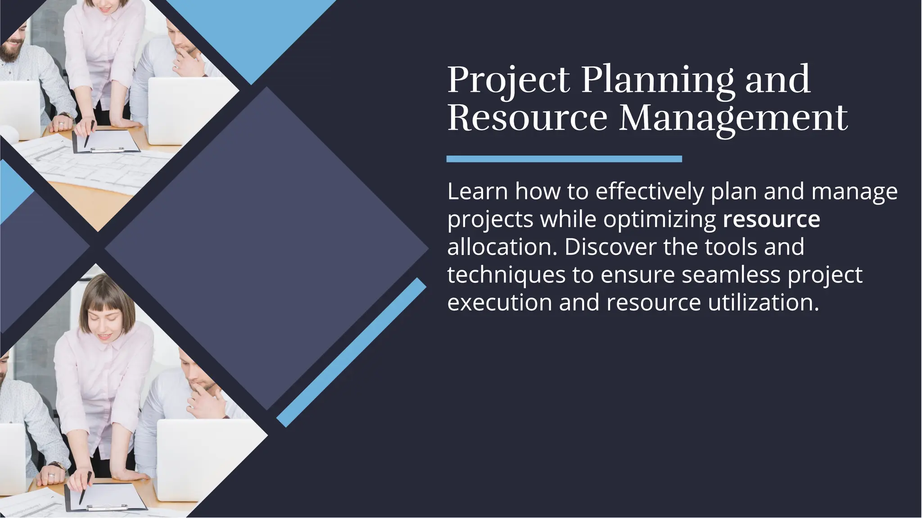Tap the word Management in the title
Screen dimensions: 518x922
[x=733, y=118]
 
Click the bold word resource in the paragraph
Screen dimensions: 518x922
[x=771, y=219]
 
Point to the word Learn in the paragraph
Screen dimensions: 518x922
[x=478, y=192]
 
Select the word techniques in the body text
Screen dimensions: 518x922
[x=506, y=275]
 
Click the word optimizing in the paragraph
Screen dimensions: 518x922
[x=660, y=219]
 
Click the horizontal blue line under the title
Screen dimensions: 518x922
[x=564, y=159]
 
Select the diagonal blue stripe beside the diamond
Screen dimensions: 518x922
[x=351, y=353]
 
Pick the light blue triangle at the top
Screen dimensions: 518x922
[x=252, y=31]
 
